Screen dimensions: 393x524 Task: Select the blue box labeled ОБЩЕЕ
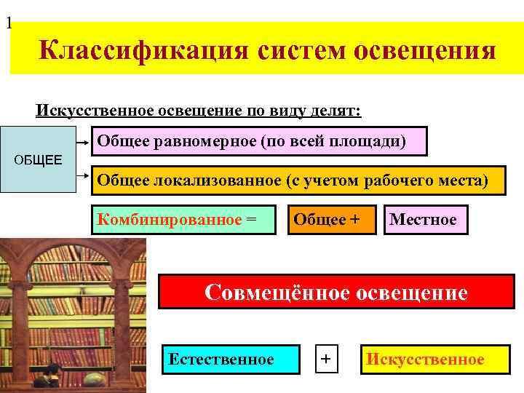tap(38, 159)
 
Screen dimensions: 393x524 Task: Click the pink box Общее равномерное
tap(259, 141)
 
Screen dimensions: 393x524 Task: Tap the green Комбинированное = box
tap(183, 219)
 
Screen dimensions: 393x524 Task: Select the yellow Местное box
tap(425, 219)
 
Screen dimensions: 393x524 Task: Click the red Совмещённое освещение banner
tap(336, 292)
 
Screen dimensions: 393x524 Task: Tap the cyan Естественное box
tap(231, 359)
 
